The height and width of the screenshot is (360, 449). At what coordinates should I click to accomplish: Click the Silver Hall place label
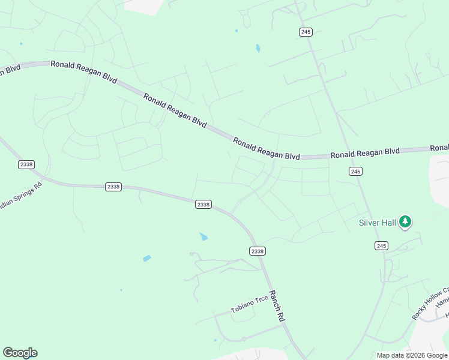coord(378,223)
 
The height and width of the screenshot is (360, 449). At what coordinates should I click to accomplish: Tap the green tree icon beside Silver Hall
coord(405,222)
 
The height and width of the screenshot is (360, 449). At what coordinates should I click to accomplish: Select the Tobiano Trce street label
coord(249,305)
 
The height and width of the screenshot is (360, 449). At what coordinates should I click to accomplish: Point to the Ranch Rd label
coord(276,307)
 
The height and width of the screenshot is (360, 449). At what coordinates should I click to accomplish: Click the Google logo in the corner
coord(20,353)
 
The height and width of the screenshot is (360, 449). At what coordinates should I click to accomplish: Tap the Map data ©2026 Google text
coord(412,355)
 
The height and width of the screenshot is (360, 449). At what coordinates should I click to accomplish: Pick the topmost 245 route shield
coord(306,32)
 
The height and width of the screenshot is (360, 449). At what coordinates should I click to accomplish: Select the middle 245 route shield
coord(355,172)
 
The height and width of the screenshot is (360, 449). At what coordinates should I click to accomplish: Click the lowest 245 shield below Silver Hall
coord(381,245)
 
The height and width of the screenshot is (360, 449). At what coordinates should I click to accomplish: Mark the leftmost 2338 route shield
coord(26,164)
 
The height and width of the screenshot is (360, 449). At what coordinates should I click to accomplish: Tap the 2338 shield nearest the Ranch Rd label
coord(257,251)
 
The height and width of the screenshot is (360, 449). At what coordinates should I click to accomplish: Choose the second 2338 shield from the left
coord(113,187)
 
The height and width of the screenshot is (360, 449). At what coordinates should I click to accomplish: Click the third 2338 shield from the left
coord(203,205)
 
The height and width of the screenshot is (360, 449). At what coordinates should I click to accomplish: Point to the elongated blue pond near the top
coord(258,48)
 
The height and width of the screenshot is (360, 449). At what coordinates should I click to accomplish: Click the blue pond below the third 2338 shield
coord(203,236)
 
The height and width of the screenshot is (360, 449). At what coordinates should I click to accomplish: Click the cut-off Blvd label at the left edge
coord(10,69)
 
